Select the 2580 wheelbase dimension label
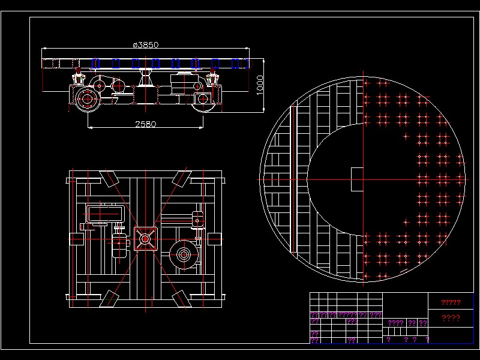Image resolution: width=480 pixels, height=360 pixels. pos(145,124)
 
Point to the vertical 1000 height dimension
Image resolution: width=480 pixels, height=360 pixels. pos(259,85)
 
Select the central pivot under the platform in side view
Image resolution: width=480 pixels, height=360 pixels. pos(145,79)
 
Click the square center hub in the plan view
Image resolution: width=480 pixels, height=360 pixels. pos(145,238)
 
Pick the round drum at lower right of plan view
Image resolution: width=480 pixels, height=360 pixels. pos(184,254)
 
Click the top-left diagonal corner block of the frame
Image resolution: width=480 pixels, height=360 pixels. pos(109,178)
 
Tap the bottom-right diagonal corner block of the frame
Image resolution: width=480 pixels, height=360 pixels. pos(179,298)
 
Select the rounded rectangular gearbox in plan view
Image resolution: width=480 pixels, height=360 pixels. pos(106,214)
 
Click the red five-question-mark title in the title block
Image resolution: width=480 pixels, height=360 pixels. pos(451,302)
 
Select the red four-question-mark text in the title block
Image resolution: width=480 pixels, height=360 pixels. pos(451,318)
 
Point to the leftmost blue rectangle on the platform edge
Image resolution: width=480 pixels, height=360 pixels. pos(95,63)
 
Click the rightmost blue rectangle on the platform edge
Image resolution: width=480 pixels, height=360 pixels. pos(235,63)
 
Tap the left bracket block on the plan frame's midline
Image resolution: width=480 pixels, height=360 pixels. pos(76,238)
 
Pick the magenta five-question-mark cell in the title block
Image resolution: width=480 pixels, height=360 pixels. pos(347,314)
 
